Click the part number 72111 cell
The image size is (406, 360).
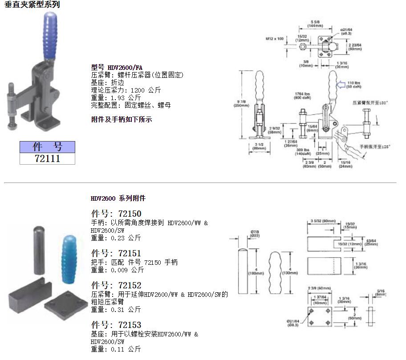(47, 158)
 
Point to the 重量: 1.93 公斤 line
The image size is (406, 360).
(116, 97)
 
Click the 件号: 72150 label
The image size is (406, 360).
(116, 214)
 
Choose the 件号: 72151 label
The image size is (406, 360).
(116, 253)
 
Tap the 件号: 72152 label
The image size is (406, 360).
(116, 285)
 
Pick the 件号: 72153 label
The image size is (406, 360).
(116, 325)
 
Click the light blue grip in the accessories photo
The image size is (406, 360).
(69, 255)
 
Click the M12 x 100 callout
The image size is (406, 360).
(275, 39)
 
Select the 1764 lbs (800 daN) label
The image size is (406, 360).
(302, 96)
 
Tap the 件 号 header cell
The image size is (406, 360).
(47, 147)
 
